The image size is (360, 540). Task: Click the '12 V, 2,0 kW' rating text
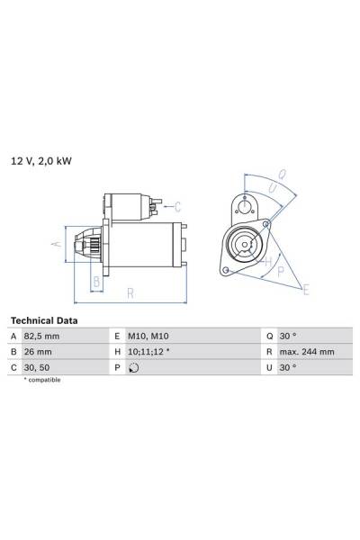(x=41, y=161)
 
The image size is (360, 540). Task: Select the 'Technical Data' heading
(x=43, y=320)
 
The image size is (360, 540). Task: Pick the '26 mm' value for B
(x=39, y=352)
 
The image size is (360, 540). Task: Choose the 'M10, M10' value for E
(x=148, y=337)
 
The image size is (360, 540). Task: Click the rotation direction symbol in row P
(x=134, y=368)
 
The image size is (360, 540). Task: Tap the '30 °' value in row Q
(x=289, y=337)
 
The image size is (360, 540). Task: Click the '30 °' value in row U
(x=289, y=367)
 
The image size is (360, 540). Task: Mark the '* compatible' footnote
(x=42, y=381)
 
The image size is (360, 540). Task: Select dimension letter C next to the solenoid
(x=177, y=206)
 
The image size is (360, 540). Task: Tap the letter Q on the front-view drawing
(x=282, y=175)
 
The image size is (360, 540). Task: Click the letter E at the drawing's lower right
(x=306, y=290)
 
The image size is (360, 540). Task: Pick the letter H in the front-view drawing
(x=267, y=261)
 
